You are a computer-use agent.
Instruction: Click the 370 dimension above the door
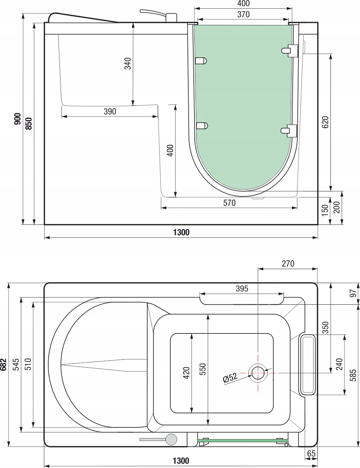[x=243, y=15]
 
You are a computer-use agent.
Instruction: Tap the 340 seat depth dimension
[x=128, y=64]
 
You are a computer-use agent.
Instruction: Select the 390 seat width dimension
[x=110, y=112]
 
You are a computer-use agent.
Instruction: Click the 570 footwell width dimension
[x=229, y=203]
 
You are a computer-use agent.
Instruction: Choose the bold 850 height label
[x=29, y=123]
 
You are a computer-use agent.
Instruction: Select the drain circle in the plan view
[x=258, y=373]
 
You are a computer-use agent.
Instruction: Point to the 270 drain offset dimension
[x=288, y=264]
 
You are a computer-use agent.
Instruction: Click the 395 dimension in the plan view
[x=242, y=288]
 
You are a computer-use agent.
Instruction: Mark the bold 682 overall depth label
[x=4, y=364]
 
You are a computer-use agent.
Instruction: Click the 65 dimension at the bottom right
[x=311, y=454]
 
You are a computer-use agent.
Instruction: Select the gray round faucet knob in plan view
[x=171, y=439]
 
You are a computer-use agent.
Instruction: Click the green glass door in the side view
[x=243, y=108]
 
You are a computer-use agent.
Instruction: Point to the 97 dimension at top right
[x=354, y=293]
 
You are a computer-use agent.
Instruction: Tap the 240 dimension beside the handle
[x=339, y=364]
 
